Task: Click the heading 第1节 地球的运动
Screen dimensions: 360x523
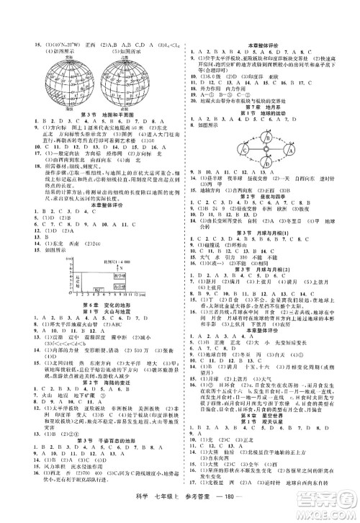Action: (270, 113)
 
